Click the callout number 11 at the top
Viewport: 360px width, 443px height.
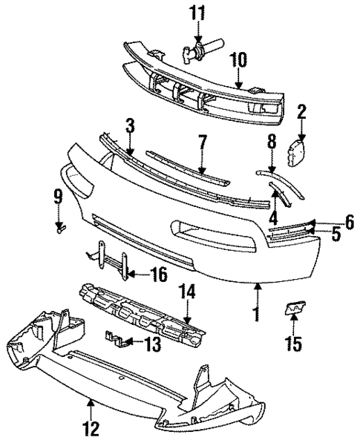click(x=198, y=13)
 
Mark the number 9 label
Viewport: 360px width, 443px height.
click(x=58, y=197)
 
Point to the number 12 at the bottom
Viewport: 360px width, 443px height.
click(x=91, y=427)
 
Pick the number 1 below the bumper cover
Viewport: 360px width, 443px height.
click(x=257, y=314)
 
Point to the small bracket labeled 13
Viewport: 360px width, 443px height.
click(x=116, y=339)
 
